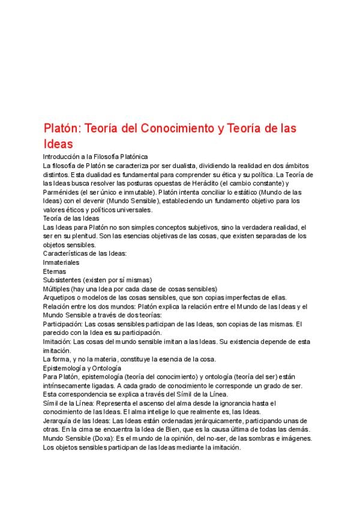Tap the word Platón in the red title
(61, 128)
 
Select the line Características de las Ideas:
(85, 254)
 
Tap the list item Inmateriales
(61, 263)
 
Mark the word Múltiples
(58, 289)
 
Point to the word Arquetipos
(62, 298)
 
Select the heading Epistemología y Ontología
(82, 367)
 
